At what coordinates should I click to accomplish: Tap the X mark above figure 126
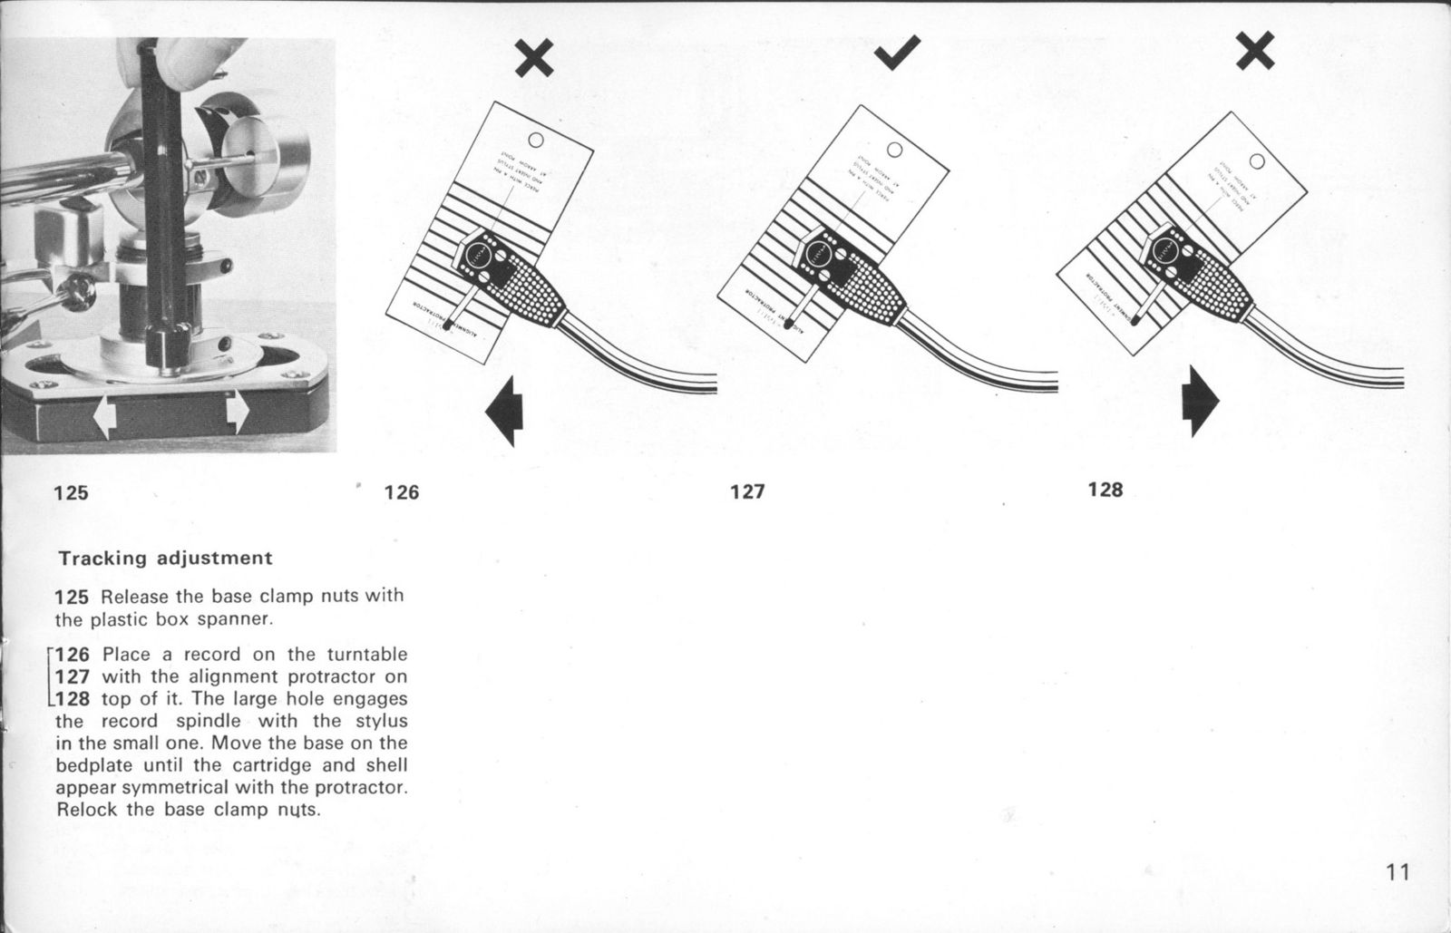coord(534,60)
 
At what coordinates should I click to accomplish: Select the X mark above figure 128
coord(1255,52)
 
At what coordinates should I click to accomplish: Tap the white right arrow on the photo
coord(237,412)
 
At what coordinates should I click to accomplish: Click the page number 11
coord(1397,872)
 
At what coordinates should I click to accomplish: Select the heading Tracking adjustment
coord(165,558)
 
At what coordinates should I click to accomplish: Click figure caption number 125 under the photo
coord(71,493)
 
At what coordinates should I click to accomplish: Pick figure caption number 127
coord(747,492)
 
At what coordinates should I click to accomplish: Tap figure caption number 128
coord(1105,491)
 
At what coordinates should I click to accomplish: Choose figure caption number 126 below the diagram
coord(402,492)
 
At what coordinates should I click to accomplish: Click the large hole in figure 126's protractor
coord(535,141)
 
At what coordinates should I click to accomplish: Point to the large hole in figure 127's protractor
coord(895,151)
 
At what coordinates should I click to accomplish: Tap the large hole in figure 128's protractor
coord(1256,161)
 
